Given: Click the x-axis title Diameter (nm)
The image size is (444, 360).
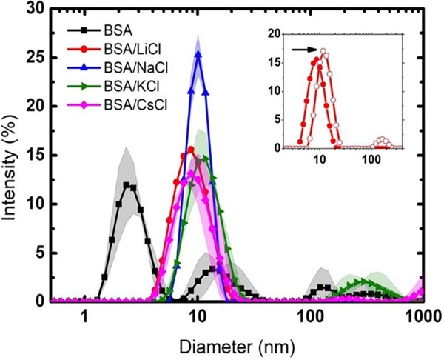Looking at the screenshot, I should click(238, 346).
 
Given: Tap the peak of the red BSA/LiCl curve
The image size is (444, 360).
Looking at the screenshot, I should click(191, 150).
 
